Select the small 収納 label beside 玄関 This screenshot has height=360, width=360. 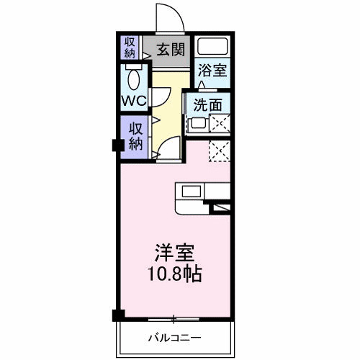130,48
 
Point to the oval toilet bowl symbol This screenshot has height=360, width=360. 132,78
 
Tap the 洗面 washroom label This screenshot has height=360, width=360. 207,104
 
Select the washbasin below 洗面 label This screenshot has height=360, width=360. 196,124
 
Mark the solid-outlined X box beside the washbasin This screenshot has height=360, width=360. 219,124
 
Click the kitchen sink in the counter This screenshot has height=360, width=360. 192,191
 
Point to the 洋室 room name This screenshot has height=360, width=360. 176,253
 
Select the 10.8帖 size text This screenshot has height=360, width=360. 176,274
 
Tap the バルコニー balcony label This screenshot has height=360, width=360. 175,337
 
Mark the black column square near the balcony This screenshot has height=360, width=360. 117,315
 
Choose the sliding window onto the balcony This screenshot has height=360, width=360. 175,318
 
